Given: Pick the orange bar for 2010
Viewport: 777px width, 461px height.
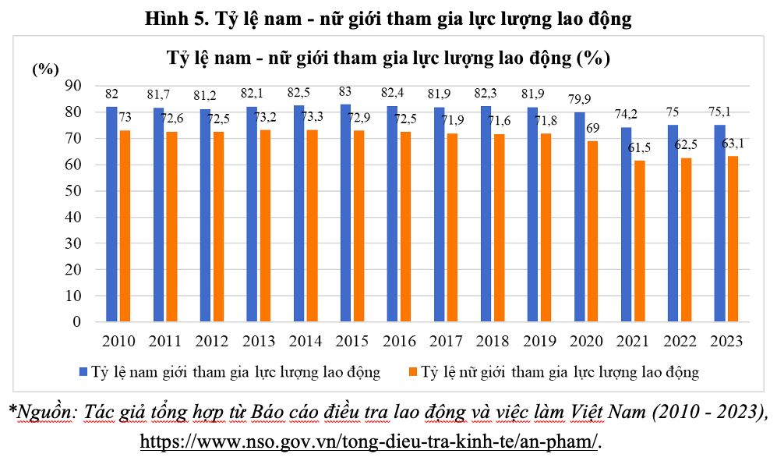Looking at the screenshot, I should point(125,225).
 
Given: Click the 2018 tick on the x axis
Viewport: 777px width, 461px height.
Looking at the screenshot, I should point(493,341).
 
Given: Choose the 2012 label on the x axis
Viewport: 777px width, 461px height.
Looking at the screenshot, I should point(212,341).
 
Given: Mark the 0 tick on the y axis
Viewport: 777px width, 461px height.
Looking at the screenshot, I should point(77,322).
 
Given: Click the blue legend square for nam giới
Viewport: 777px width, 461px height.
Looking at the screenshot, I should point(83,372).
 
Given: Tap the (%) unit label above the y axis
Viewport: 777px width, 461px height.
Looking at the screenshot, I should point(45,69).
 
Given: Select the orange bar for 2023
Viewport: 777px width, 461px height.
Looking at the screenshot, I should point(733,239).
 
